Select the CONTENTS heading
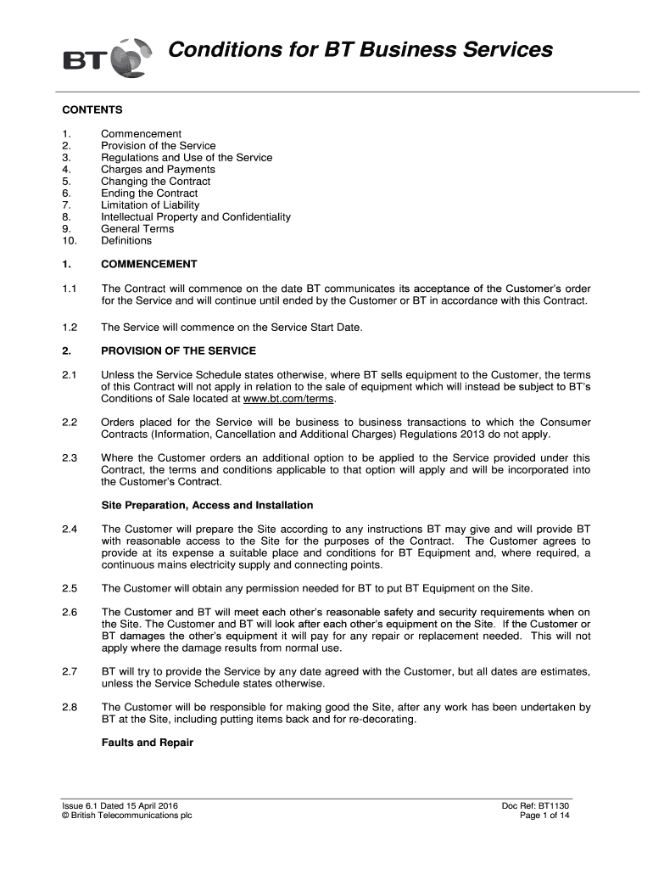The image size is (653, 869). (x=92, y=109)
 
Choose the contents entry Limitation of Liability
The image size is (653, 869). (x=150, y=205)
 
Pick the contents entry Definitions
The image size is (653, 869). (x=126, y=240)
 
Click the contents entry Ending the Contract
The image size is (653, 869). (x=148, y=193)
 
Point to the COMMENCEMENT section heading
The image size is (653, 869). (x=148, y=264)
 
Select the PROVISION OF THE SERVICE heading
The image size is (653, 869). (x=178, y=350)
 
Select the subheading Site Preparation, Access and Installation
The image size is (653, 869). (x=207, y=505)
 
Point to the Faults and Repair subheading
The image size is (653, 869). (x=147, y=743)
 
